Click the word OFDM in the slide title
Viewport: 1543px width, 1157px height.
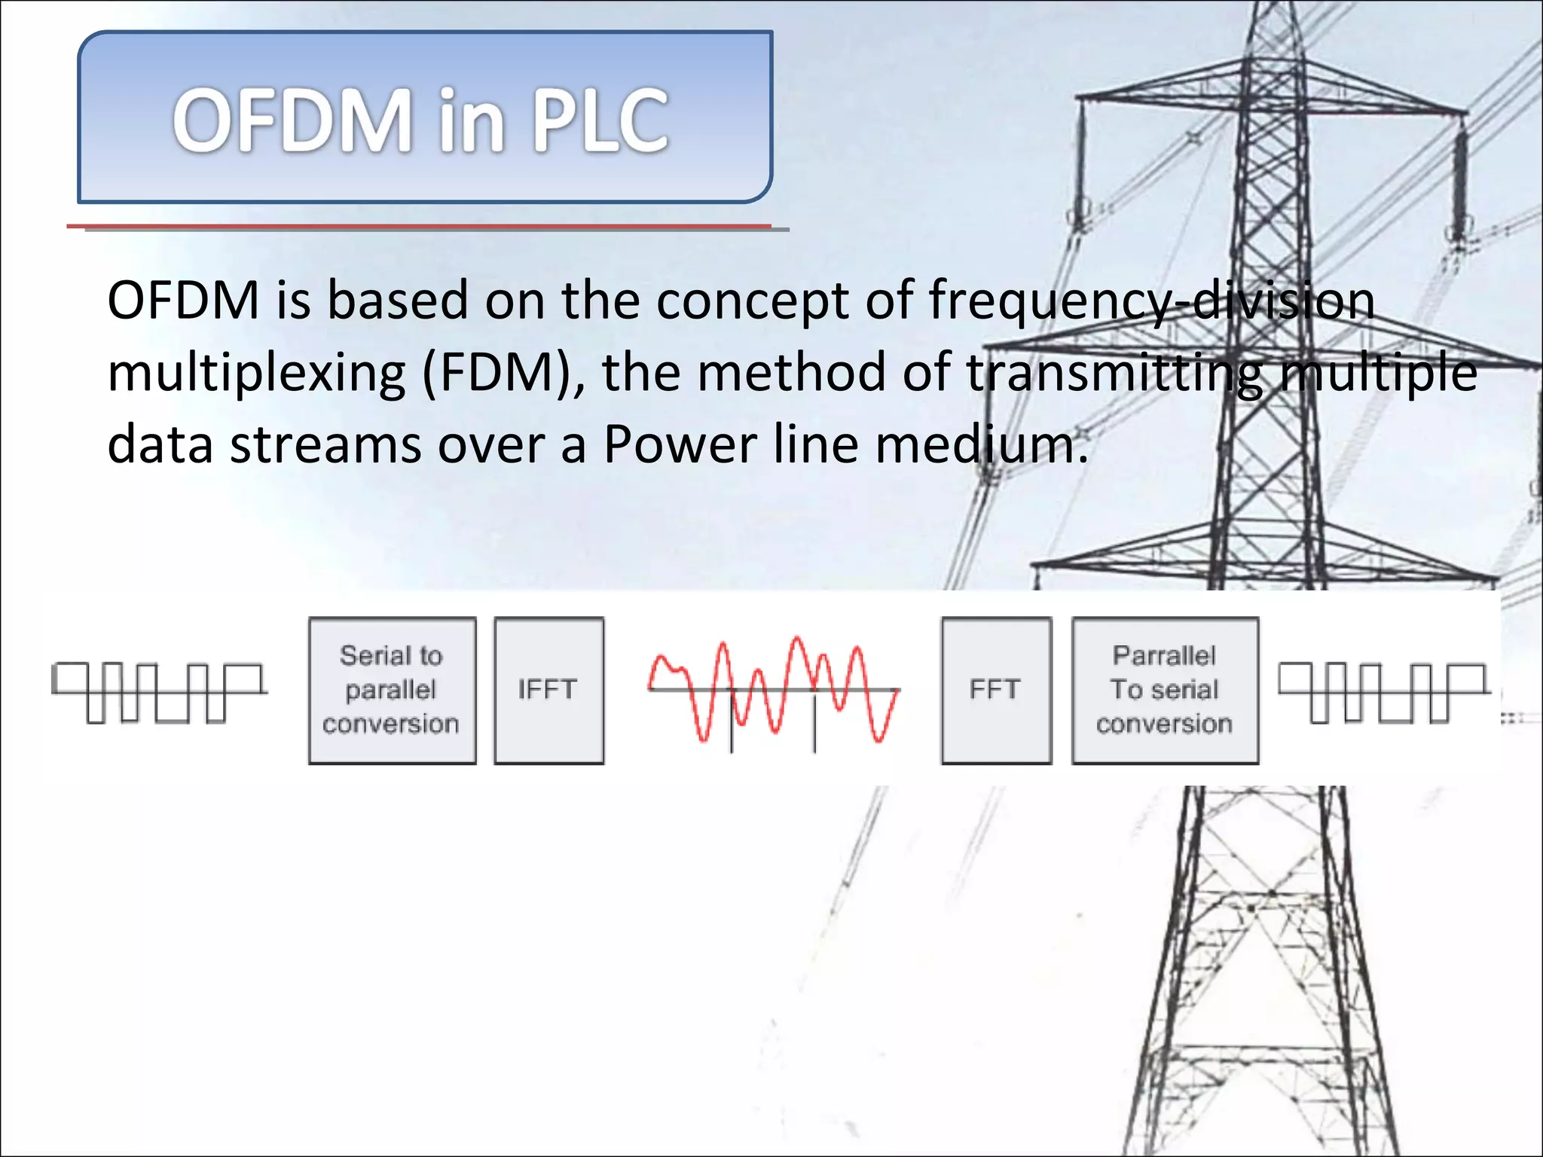[x=292, y=121]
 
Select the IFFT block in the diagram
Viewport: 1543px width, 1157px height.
[x=548, y=690]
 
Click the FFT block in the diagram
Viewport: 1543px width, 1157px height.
[x=995, y=690]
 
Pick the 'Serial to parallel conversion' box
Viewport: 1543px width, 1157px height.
[x=392, y=690]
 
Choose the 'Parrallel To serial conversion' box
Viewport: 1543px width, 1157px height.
[x=1165, y=690]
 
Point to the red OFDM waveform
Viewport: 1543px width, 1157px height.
[x=773, y=690]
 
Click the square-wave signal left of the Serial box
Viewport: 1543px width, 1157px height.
[x=159, y=691]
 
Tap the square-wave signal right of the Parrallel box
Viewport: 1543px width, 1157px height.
[x=1384, y=691]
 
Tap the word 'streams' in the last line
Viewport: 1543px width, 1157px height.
[x=325, y=444]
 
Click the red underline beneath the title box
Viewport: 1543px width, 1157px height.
[x=419, y=226]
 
